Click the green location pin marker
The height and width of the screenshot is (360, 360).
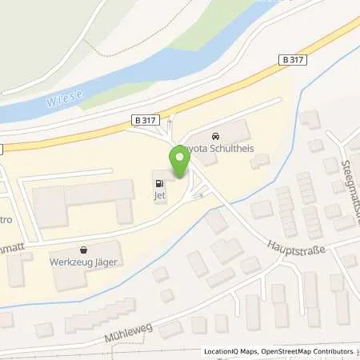[x=180, y=162]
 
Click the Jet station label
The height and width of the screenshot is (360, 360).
[x=160, y=196]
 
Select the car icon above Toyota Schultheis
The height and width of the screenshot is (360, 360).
[x=214, y=136]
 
